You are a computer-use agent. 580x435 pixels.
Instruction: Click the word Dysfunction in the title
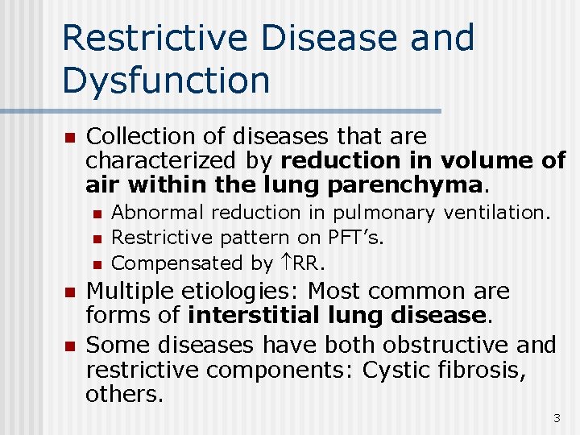165,81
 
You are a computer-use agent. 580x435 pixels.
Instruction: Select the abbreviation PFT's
355,238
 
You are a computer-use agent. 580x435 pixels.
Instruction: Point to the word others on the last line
123,394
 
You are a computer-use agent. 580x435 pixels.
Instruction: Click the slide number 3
556,418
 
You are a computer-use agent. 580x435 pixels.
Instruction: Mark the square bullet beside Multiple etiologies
69,292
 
